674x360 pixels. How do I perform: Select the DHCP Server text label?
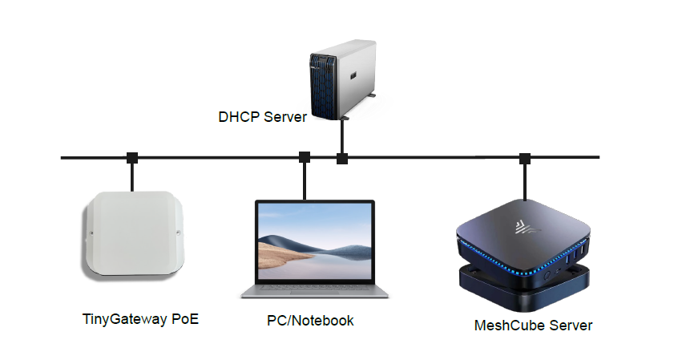tap(262, 117)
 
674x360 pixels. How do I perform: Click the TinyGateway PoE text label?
tap(140, 319)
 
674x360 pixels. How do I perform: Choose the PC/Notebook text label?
tap(310, 321)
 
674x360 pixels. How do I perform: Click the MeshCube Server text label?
tap(533, 326)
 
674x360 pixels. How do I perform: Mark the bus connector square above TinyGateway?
tap(133, 157)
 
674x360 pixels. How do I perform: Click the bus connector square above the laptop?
tap(305, 157)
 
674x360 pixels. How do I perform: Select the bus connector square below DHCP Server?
tap(342, 158)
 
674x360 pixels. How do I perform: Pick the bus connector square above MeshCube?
tap(525, 157)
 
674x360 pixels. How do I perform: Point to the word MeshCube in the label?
tap(505, 326)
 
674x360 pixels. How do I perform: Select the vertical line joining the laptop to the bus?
tap(305, 180)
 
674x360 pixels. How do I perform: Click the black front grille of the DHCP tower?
tap(323, 83)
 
